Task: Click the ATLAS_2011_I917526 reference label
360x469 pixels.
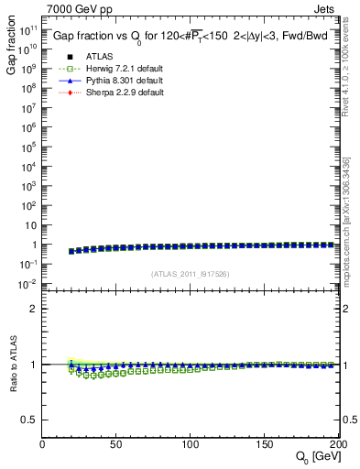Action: (190, 275)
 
